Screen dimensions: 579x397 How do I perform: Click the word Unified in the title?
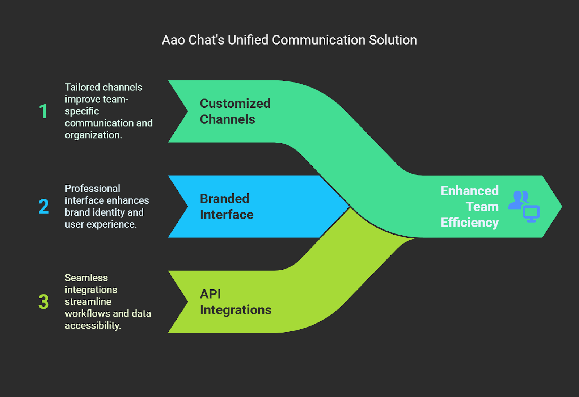point(248,40)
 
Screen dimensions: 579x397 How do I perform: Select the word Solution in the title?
point(393,40)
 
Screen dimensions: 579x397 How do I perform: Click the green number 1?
point(43,111)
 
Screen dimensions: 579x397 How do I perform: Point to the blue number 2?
point(43,206)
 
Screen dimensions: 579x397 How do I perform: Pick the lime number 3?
point(43,301)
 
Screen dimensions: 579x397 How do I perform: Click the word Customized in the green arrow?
point(235,104)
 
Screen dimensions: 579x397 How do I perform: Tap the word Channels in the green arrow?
point(228,119)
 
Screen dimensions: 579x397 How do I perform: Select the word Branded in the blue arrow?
point(224,199)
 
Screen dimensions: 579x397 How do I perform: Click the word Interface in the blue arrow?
point(227,215)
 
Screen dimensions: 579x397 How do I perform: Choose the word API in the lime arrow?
point(210,294)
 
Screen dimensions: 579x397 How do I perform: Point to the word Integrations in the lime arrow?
point(236,310)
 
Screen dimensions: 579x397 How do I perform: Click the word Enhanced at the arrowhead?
point(470,191)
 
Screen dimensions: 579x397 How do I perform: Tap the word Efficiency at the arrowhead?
point(470,223)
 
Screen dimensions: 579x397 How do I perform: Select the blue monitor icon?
point(531,214)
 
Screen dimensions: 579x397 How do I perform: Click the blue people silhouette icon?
point(518,199)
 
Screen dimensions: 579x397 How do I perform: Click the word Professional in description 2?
point(93,189)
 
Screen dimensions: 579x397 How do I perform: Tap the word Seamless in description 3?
point(86,278)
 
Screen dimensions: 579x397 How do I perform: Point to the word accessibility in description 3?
point(93,326)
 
